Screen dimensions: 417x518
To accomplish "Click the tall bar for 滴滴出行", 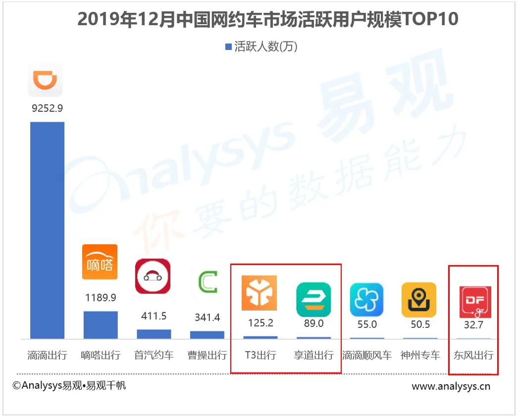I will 47,230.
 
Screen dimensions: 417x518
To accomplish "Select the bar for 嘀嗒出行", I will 101,325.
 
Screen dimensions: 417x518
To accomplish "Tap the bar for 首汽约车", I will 154,334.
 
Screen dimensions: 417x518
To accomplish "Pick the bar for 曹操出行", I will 207,335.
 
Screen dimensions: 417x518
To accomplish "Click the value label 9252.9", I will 47,108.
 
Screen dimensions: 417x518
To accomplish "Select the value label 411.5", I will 154,316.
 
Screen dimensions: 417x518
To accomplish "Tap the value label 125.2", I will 259,323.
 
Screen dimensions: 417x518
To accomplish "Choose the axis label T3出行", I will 260,355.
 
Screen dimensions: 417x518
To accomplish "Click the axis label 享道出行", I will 313,355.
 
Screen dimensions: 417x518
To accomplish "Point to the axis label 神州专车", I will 420,355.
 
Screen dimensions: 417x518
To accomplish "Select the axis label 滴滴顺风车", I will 366,355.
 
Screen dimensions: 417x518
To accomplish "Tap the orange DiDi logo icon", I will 45,80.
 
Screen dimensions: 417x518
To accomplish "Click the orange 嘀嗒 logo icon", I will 100,262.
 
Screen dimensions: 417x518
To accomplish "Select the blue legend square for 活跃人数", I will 228,47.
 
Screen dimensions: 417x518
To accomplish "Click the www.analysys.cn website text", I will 451,386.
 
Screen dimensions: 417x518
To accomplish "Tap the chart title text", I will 268,19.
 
